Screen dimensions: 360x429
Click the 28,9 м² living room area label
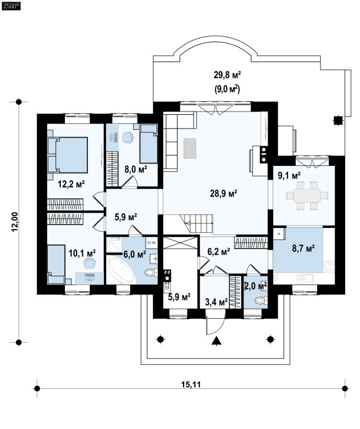click(x=223, y=194)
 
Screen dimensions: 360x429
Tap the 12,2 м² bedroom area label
click(x=71, y=183)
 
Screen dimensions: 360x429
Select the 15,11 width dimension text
click(x=191, y=385)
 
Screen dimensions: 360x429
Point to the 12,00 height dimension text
click(x=15, y=222)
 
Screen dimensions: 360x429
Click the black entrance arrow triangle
click(x=217, y=341)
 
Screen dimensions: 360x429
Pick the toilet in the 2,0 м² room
click(x=261, y=300)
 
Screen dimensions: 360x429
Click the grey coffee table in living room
click(x=190, y=148)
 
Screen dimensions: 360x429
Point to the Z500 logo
click(x=11, y=5)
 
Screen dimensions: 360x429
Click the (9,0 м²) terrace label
click(x=227, y=89)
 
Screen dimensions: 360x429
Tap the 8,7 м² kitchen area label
click(x=303, y=248)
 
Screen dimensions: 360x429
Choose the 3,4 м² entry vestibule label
click(x=217, y=302)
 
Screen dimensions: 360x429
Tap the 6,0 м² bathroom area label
click(x=135, y=254)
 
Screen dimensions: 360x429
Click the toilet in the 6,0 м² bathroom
click(x=151, y=272)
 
